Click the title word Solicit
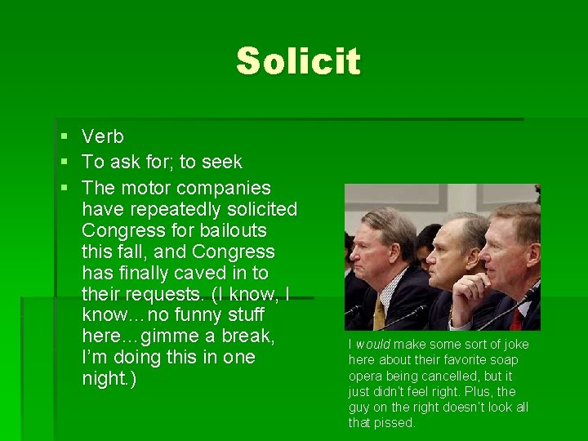point(298,61)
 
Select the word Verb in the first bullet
point(103,137)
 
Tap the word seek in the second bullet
point(220,163)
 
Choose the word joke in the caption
point(512,345)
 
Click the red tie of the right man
point(515,318)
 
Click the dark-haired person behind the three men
point(426,240)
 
